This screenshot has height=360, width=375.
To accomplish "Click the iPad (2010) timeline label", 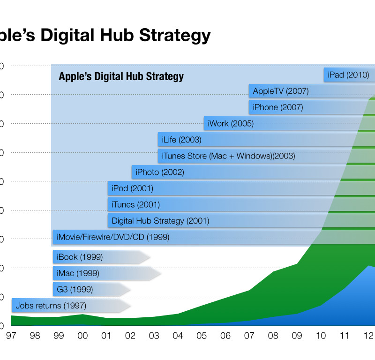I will point(348,75).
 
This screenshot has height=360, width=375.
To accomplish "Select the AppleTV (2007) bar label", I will point(280,91).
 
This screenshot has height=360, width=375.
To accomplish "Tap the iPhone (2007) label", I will point(277,107).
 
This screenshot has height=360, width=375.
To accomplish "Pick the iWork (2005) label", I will point(231,124).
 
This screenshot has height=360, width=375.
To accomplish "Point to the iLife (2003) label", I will point(181,140).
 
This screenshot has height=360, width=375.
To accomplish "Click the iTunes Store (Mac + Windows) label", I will point(228,156).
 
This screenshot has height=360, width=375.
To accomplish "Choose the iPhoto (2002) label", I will point(159,172).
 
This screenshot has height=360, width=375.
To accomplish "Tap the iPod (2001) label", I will point(132,189).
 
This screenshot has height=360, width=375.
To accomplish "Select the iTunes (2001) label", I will point(135,205).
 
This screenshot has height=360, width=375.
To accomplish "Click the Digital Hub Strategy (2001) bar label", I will point(160,221).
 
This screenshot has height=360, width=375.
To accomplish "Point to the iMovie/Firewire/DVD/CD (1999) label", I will point(112,238).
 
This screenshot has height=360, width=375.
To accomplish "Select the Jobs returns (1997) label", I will point(45,306).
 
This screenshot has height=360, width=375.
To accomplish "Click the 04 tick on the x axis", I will point(178,336).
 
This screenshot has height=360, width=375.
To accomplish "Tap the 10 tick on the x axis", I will point(321,336).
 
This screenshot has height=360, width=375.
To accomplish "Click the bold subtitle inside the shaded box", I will point(121,76).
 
